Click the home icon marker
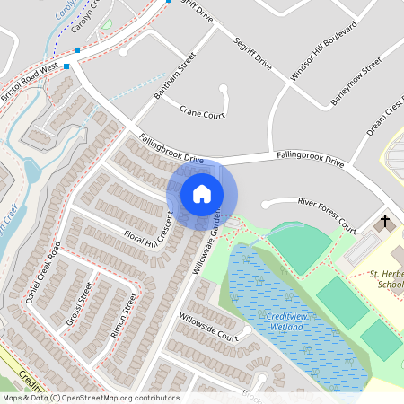click(202, 194)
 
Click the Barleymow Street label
click(356, 82)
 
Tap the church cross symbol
click(386, 221)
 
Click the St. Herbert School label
click(387, 278)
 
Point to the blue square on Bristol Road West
click(78, 51)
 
